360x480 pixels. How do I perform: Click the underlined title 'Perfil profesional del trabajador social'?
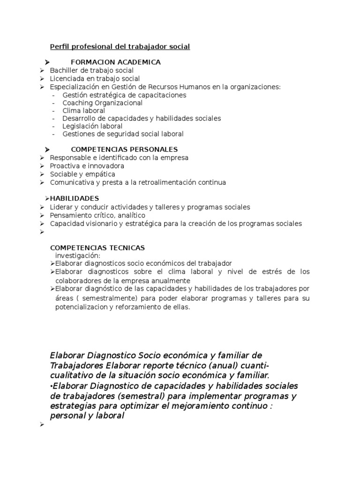120,47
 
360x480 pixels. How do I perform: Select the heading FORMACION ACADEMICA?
115,62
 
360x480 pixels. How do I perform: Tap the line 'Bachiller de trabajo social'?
88,70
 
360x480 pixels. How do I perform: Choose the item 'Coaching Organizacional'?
102,103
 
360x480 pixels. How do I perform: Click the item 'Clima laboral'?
83,111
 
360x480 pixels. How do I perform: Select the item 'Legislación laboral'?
92,126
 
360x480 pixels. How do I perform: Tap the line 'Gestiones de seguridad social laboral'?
123,134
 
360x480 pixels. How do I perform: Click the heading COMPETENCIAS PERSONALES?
124,150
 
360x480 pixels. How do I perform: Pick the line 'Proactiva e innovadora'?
87,166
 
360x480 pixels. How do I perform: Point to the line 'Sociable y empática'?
82,174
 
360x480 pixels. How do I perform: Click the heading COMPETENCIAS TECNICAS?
97,247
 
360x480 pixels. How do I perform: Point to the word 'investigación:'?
78,255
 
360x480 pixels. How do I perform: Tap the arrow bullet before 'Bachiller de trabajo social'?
42,70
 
